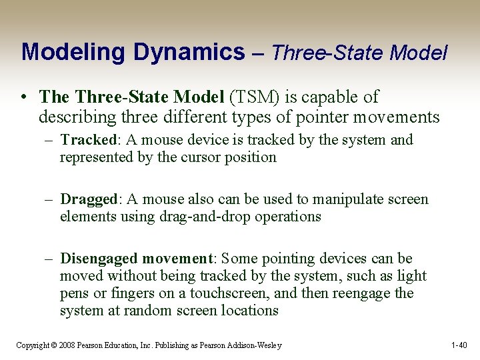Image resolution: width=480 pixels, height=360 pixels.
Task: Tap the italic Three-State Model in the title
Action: pyautogui.click(x=359, y=52)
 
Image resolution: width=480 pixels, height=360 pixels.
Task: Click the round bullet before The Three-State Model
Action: pyautogui.click(x=25, y=97)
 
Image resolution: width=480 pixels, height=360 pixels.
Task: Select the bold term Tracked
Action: pyautogui.click(x=87, y=140)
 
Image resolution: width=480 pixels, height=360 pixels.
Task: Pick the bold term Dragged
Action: pyautogui.click(x=89, y=199)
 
